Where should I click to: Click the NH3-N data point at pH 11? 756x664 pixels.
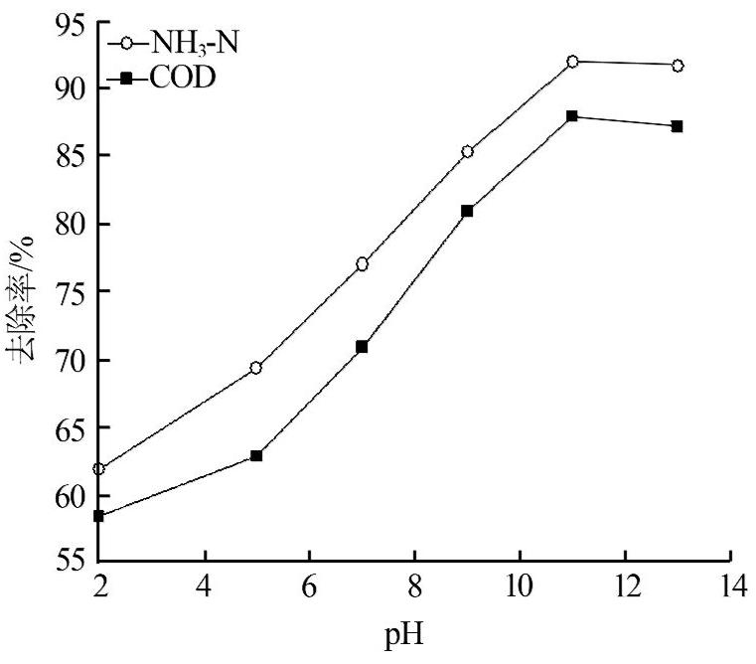572,62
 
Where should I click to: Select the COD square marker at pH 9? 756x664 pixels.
467,211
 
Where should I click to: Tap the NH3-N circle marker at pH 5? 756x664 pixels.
256,368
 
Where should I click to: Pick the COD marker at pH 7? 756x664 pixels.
362,347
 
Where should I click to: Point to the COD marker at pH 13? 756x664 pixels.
678,126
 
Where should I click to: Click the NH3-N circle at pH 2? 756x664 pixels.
99,468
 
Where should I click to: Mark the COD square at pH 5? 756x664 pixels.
256,455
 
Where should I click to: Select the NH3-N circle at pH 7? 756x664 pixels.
362,264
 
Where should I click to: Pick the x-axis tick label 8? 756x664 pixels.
414,585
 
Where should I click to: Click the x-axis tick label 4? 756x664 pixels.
205,585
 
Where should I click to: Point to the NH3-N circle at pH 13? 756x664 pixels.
678,66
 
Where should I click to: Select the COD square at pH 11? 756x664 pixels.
572,116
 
